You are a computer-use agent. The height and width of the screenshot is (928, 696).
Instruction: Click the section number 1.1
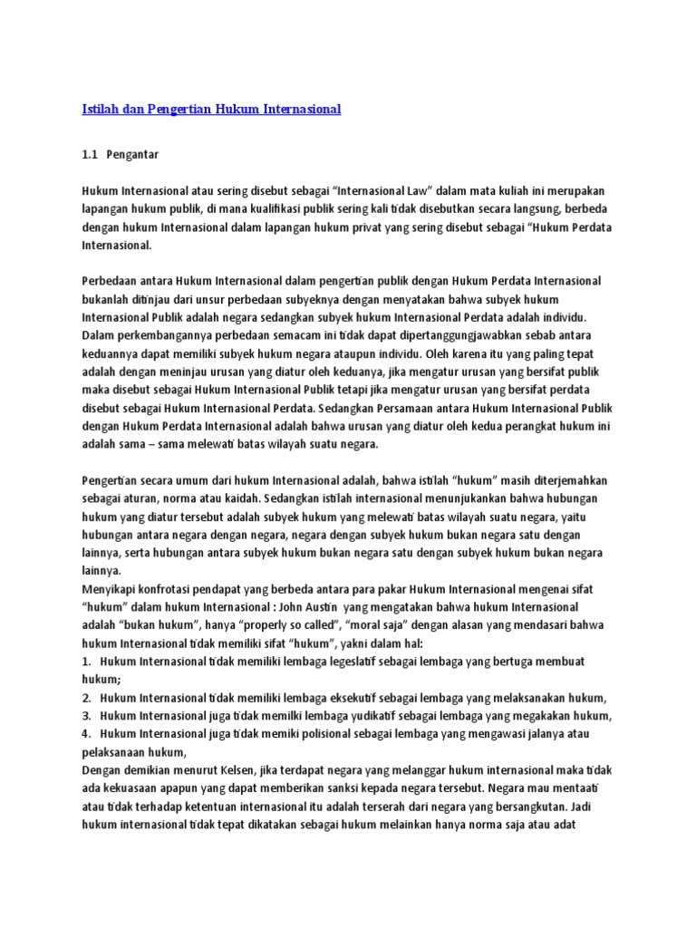90,155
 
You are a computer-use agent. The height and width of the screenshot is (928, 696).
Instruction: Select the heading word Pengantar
134,155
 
